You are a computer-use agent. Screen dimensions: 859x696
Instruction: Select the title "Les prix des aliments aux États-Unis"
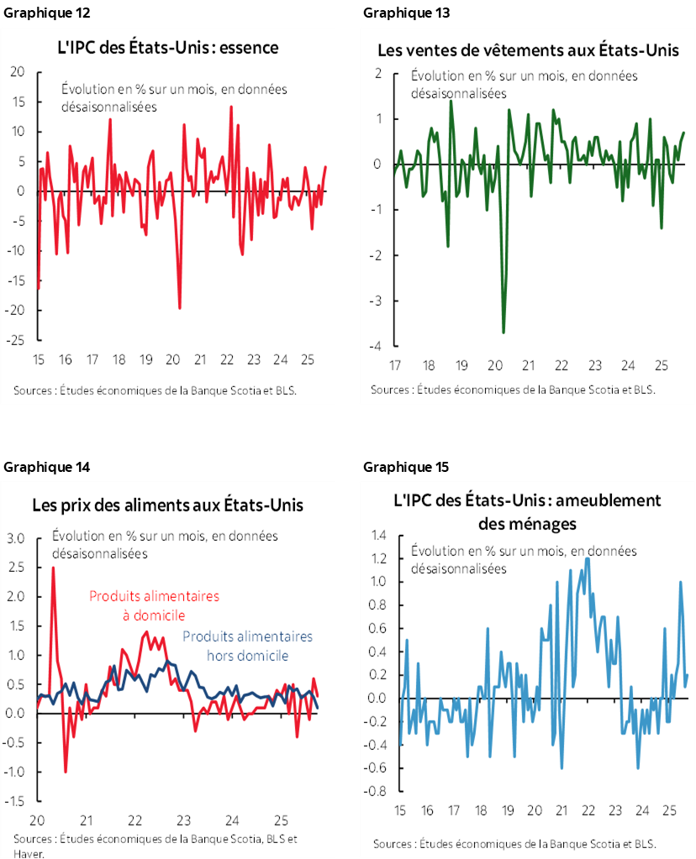point(167,505)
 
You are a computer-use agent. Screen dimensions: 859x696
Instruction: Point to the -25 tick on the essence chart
point(17,340)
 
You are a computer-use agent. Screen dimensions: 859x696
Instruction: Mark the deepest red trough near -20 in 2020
point(180,307)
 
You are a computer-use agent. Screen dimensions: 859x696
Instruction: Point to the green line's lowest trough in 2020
point(504,333)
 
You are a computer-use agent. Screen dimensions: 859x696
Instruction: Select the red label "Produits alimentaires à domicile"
point(154,605)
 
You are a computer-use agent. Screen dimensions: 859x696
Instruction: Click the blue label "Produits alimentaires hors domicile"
point(247,646)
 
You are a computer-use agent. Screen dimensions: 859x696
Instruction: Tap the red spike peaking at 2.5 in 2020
point(53,568)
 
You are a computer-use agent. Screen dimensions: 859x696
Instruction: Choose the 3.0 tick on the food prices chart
point(17,537)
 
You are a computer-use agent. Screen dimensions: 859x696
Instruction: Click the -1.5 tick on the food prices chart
point(15,800)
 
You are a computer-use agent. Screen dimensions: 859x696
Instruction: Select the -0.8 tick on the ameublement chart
point(376,791)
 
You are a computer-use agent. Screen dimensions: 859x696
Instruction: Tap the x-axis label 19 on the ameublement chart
point(507,811)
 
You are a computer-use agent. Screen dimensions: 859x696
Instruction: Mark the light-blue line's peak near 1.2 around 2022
point(587,558)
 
